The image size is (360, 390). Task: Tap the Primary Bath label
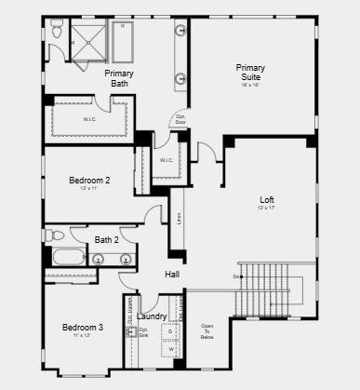118,79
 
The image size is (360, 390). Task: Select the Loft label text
267,199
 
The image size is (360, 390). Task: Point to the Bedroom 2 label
89,181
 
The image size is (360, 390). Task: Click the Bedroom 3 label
83,328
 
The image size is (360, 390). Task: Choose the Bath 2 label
107,240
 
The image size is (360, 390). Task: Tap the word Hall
172,275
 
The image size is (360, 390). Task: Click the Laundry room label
152,316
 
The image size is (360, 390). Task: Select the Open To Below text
208,332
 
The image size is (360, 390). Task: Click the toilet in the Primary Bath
58,34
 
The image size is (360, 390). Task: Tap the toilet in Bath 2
57,235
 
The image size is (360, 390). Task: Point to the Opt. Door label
180,120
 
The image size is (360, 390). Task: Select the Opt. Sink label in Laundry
144,332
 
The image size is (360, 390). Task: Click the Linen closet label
178,222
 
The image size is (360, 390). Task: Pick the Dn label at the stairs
238,276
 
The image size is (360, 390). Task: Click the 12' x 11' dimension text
89,189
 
